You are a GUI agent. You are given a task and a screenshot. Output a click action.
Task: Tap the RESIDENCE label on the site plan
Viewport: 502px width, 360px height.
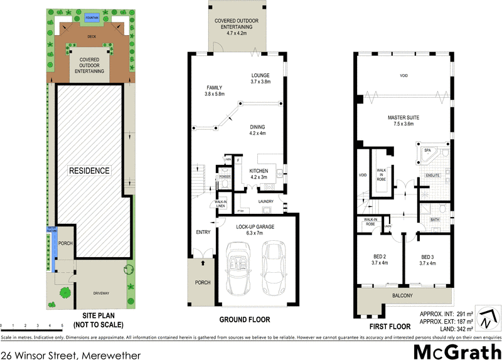pos(90,170)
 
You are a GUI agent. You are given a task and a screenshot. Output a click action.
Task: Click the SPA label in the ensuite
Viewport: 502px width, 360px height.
pos(428,151)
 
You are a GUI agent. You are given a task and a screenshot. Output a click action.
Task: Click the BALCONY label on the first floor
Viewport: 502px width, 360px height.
pos(402,295)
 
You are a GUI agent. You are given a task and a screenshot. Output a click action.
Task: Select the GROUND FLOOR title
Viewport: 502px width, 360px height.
pos(244,320)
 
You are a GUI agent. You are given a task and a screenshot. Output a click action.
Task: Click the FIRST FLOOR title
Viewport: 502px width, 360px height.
pos(390,326)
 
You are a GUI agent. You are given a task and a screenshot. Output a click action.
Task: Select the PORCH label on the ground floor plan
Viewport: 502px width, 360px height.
pos(201,282)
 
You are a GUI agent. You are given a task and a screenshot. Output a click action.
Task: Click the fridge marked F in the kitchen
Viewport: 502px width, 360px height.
pos(238,161)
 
